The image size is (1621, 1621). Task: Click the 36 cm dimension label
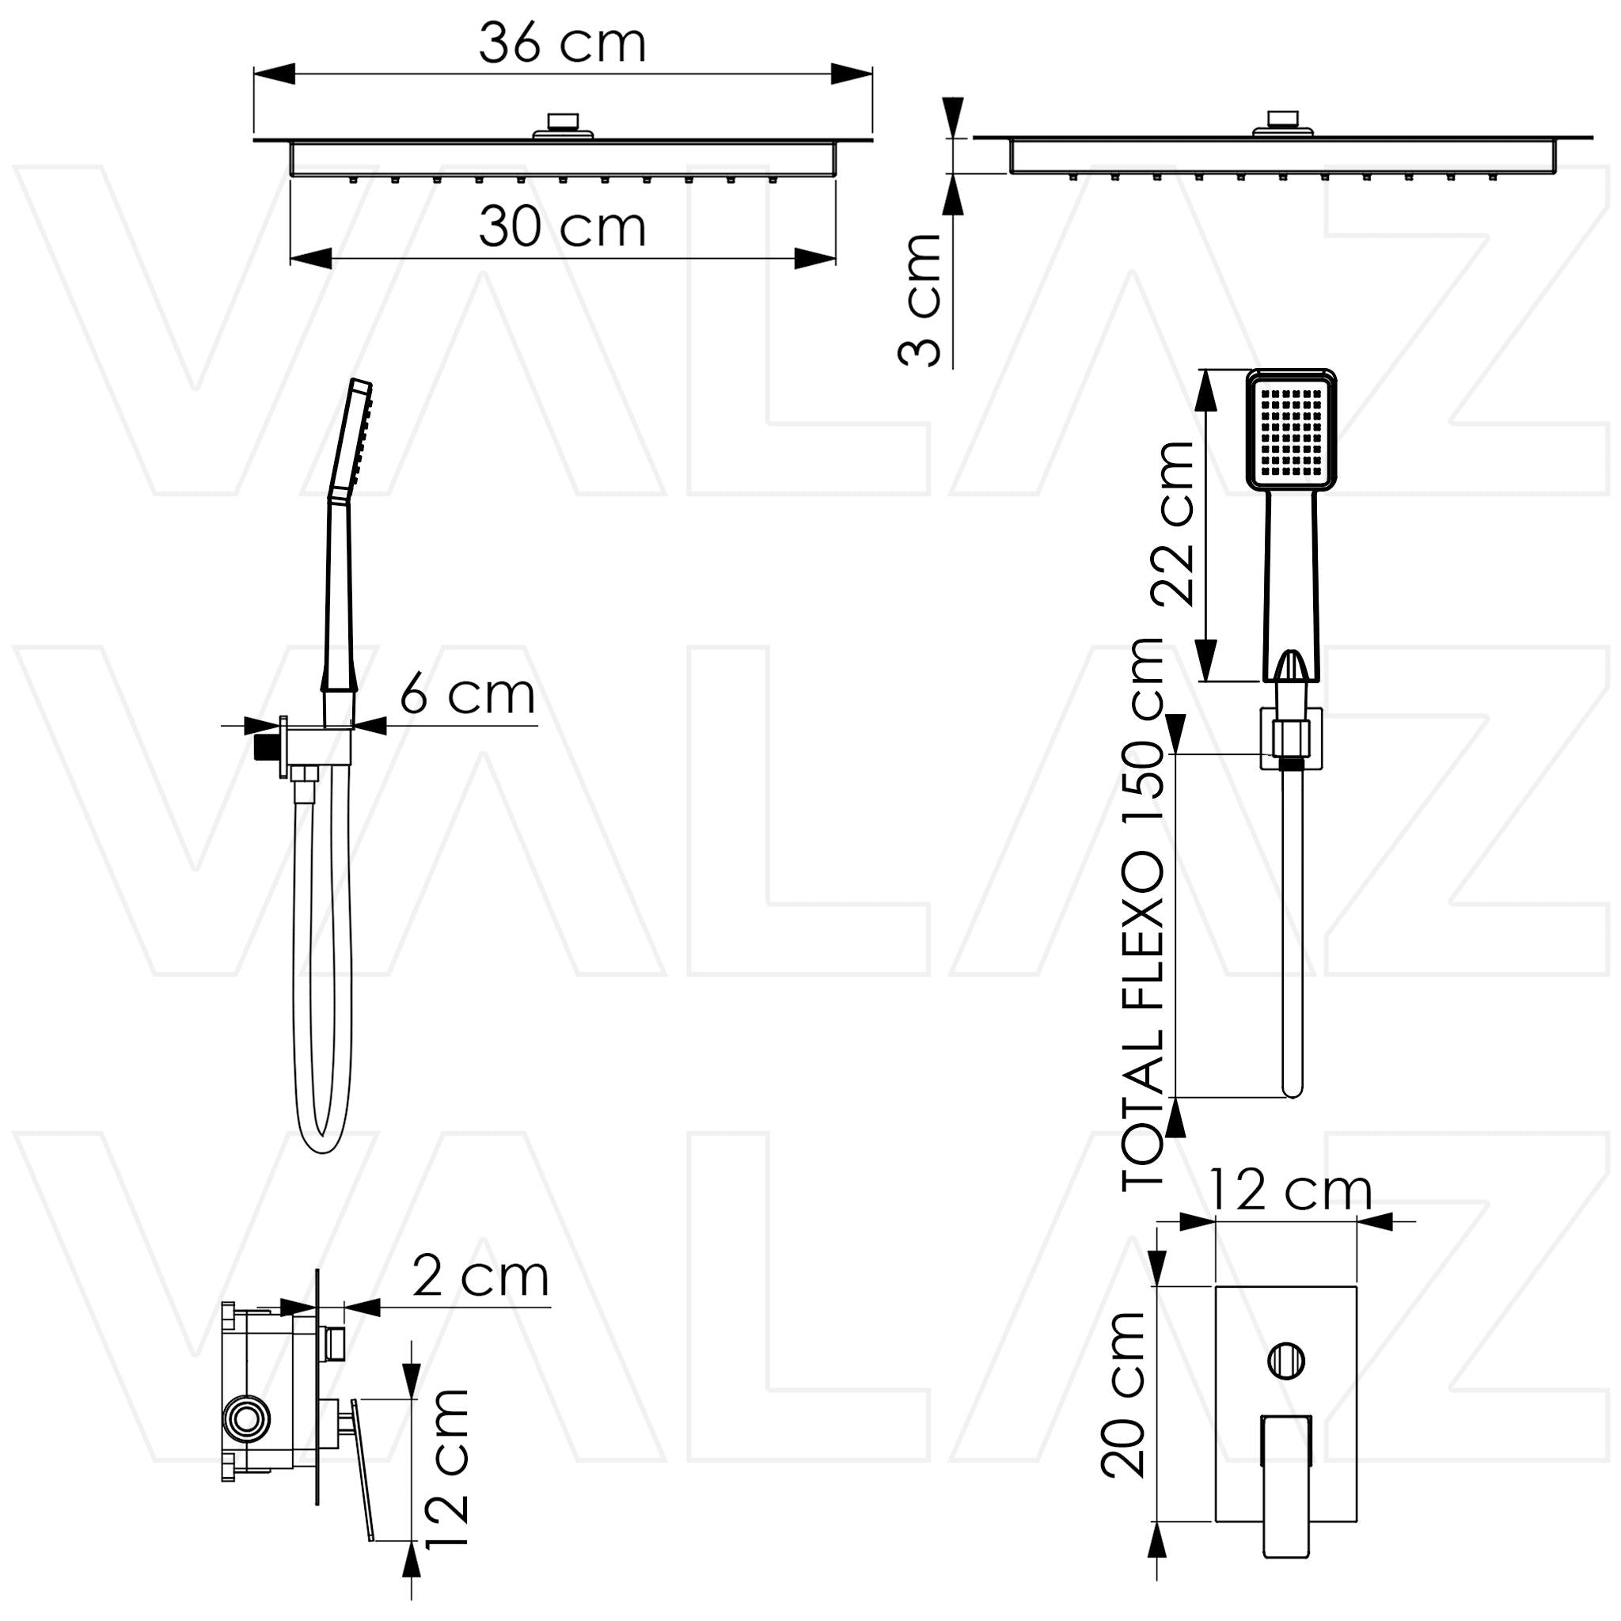[562, 43]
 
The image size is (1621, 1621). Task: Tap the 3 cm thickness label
[920, 300]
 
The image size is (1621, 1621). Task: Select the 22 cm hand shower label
[1172, 522]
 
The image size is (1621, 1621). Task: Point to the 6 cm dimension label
[467, 694]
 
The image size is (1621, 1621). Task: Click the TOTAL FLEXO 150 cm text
[1143, 913]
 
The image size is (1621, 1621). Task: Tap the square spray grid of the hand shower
[1291, 432]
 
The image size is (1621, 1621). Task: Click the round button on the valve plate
[1285, 1360]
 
